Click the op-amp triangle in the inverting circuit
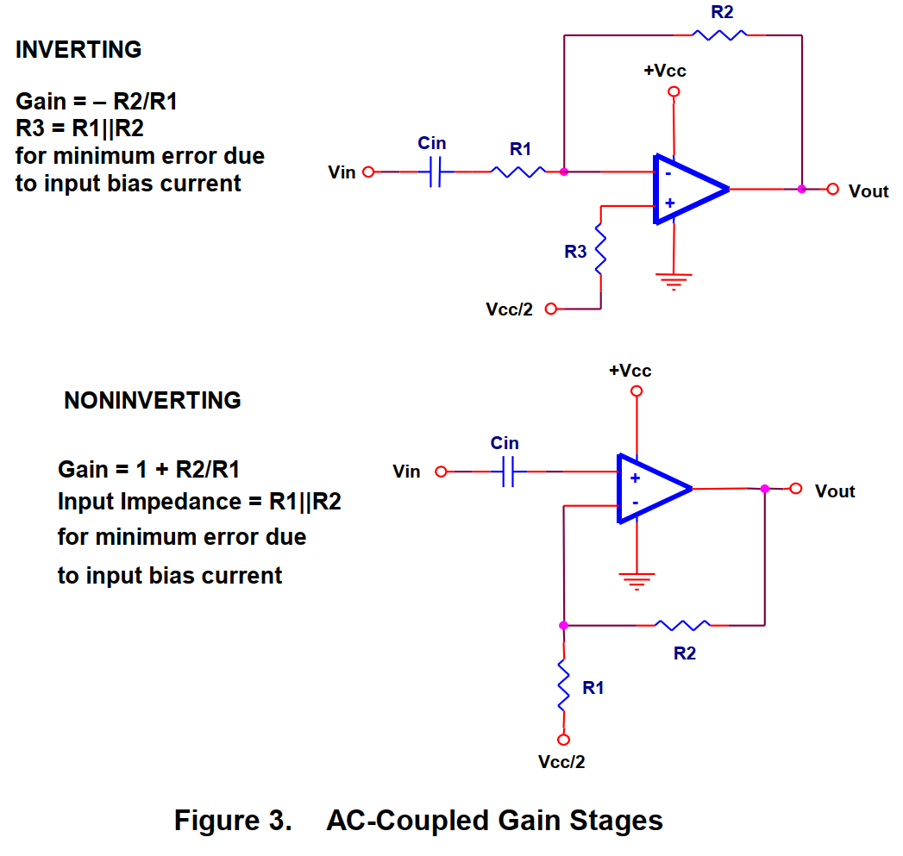687,189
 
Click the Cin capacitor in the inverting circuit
435,172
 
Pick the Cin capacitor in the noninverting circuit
507,472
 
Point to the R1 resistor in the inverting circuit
518,172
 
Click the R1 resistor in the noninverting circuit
563,686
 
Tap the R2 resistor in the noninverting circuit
682,624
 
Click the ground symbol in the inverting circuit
674,279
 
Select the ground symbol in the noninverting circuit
636,579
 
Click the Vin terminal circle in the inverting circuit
368,172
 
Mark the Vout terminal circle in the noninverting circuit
796,489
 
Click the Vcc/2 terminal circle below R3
551,309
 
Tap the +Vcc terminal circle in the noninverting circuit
636,391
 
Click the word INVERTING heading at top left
78,50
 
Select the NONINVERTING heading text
153,401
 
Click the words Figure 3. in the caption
233,820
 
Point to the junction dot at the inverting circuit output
801,189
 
